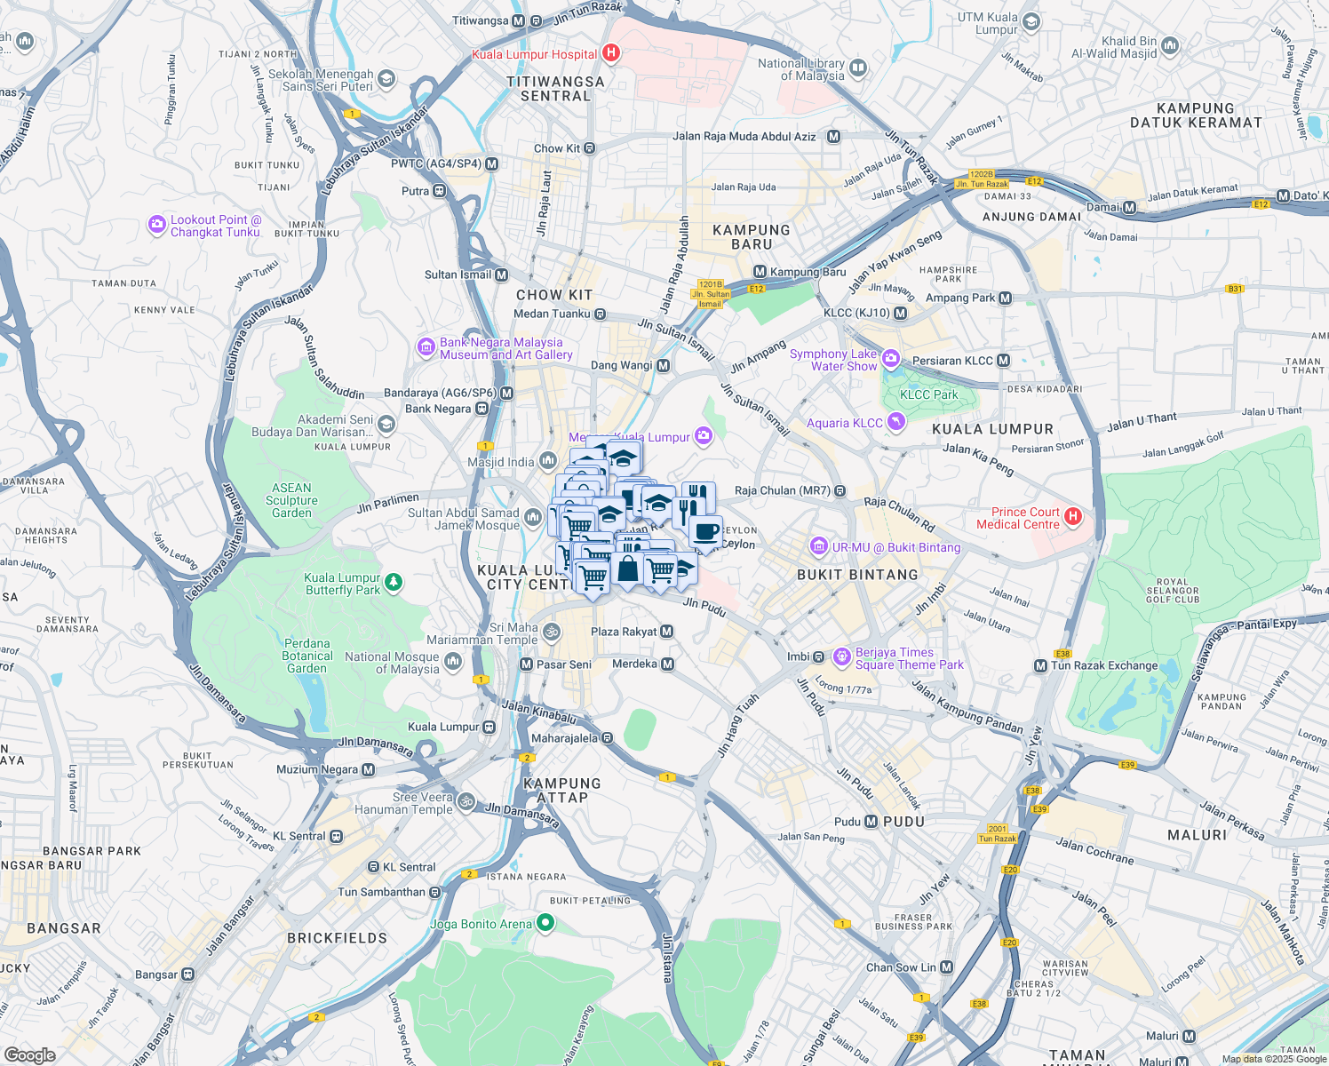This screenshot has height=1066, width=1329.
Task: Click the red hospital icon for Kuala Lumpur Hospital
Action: click(610, 53)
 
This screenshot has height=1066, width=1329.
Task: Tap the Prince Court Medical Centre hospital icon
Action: click(1073, 516)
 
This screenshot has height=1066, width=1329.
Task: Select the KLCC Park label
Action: click(928, 394)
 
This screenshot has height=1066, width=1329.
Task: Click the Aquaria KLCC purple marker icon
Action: click(895, 423)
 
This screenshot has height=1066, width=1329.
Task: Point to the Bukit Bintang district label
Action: click(857, 575)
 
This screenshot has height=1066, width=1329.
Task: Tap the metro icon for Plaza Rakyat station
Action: click(667, 632)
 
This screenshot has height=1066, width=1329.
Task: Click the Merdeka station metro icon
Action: click(667, 664)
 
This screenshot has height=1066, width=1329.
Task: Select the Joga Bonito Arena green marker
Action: click(545, 924)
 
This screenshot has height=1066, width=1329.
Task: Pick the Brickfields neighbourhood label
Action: click(337, 938)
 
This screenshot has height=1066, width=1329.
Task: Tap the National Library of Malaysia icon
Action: click(857, 68)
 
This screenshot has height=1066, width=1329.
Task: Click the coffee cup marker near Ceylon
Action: click(705, 531)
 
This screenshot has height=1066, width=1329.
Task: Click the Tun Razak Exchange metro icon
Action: click(1040, 665)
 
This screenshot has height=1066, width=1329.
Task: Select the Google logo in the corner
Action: click(29, 1054)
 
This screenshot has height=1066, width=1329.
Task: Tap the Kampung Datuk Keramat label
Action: click(1195, 115)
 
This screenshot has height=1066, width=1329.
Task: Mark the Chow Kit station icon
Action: click(589, 148)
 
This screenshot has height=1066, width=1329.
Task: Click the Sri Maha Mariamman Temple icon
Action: click(552, 632)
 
